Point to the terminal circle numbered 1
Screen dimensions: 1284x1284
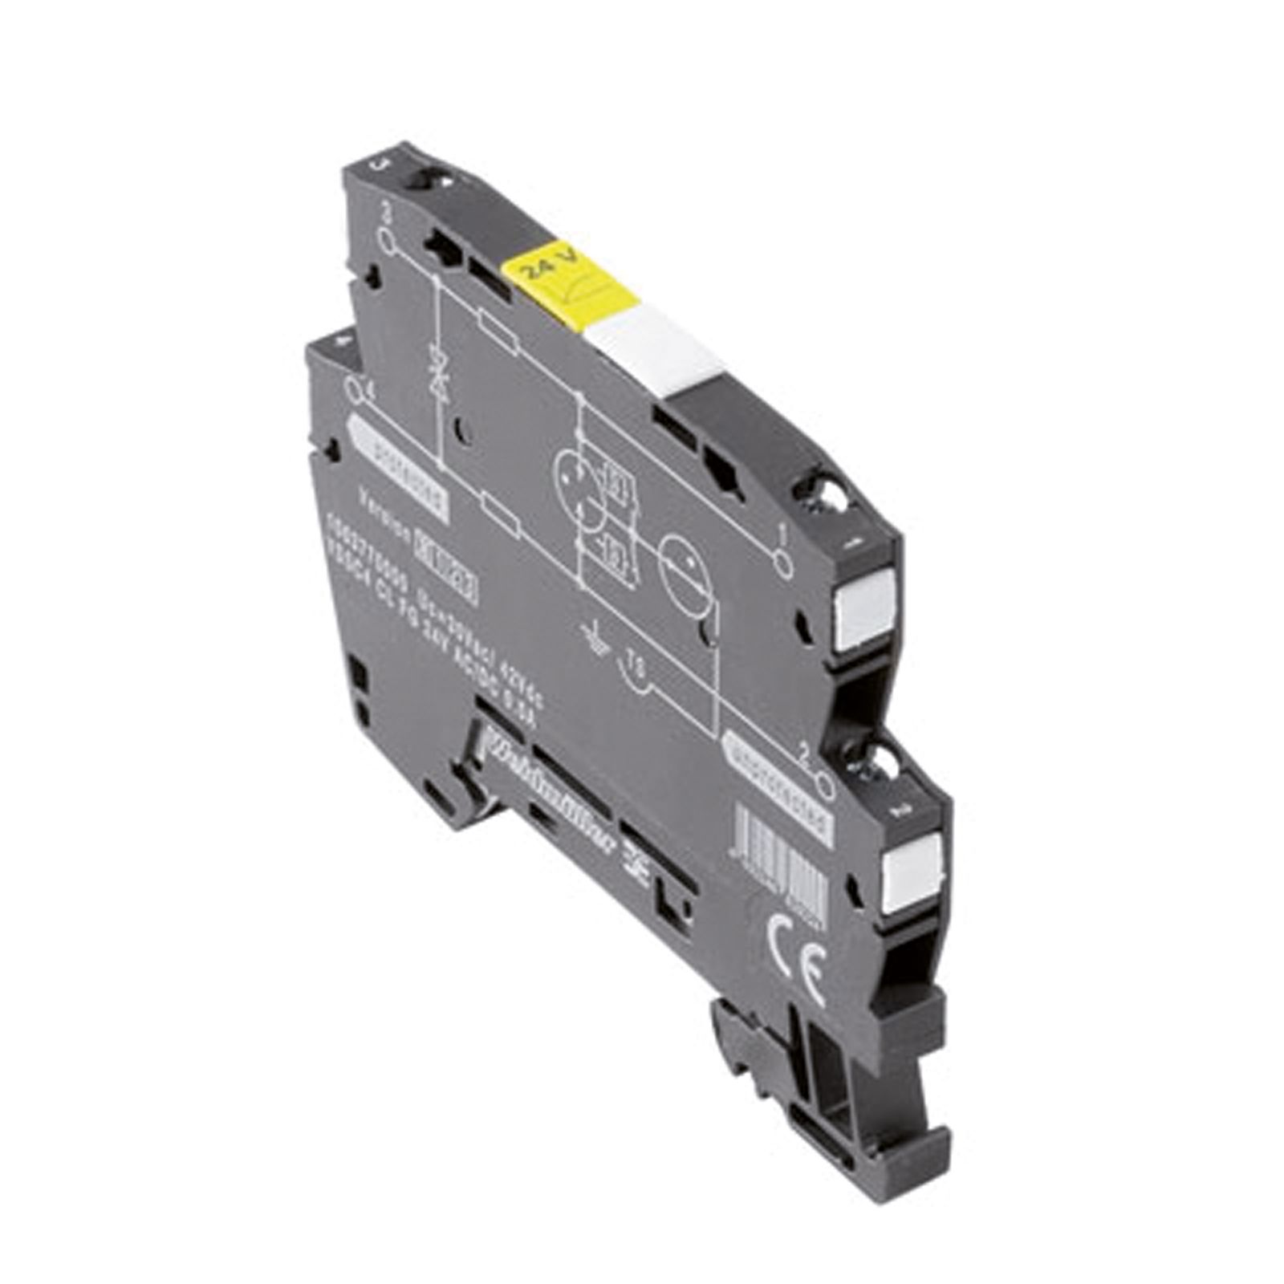tap(782, 563)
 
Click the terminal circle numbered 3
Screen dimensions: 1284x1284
tap(388, 239)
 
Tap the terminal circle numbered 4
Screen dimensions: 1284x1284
tap(353, 391)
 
